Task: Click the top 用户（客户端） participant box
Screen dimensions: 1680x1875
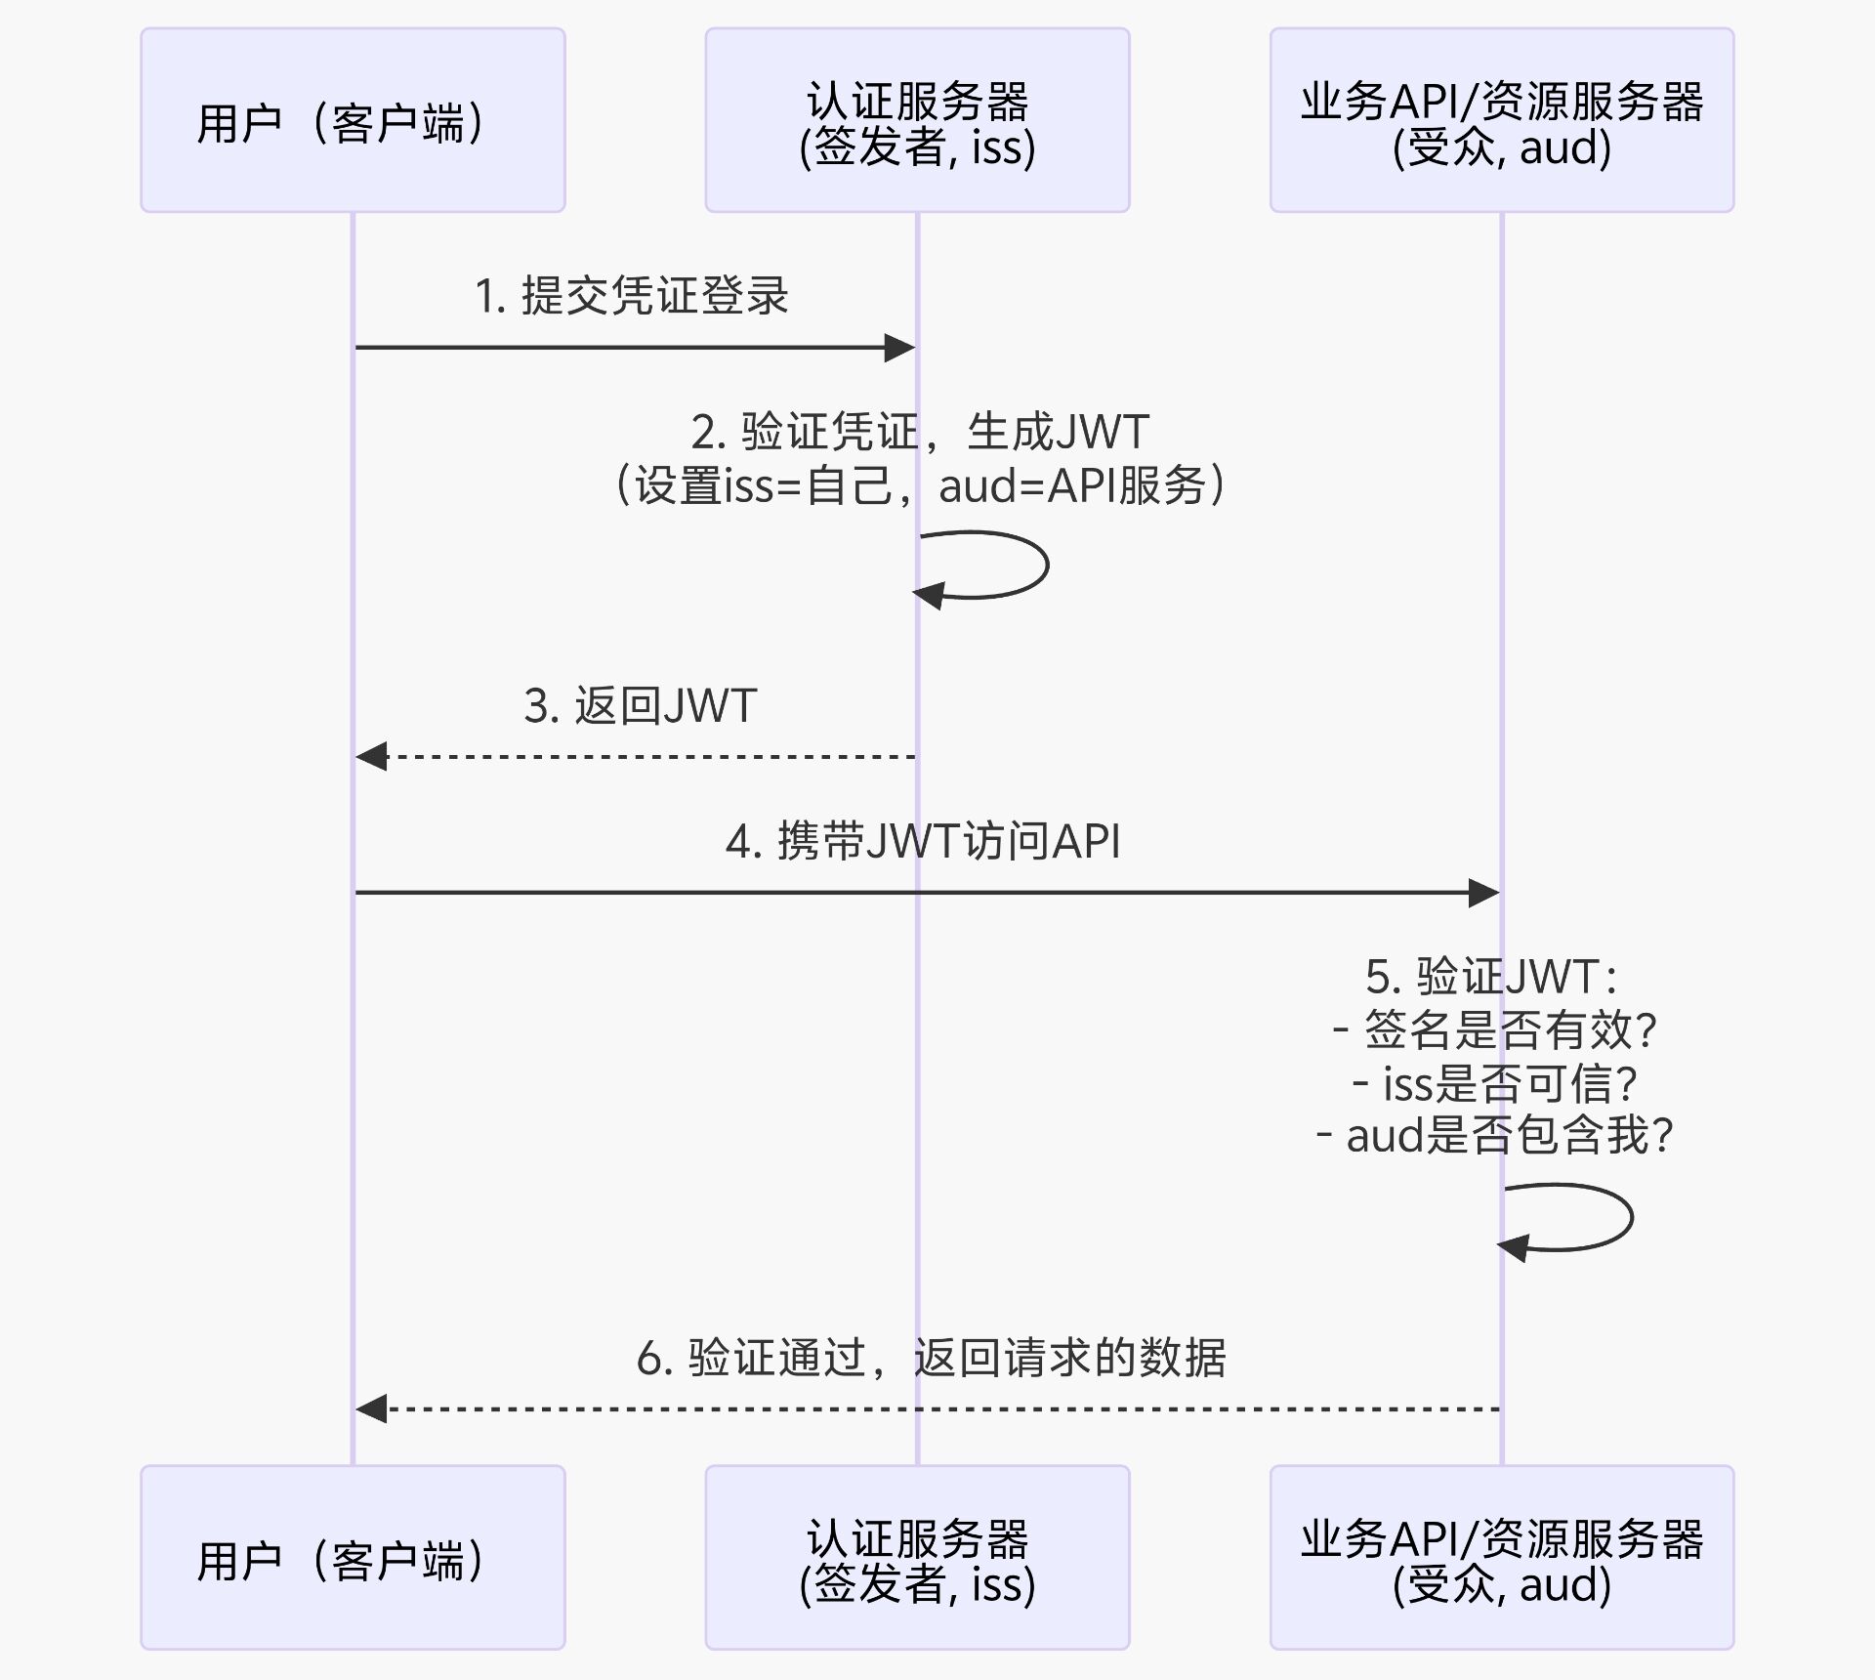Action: point(353,120)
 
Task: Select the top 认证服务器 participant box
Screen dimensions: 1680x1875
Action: point(917,120)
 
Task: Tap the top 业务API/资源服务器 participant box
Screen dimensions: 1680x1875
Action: point(1501,120)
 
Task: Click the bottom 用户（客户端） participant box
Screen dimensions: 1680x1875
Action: point(353,1557)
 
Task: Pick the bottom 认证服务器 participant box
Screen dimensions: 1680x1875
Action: point(917,1557)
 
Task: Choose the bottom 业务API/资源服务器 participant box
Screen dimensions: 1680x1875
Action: point(1501,1557)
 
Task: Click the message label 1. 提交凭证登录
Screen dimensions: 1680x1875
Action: point(631,296)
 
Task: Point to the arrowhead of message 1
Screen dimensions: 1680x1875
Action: point(899,348)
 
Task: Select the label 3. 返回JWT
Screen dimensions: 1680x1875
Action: point(641,706)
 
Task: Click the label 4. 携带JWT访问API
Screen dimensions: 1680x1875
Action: point(923,841)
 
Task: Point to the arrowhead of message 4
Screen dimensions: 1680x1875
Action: point(1484,893)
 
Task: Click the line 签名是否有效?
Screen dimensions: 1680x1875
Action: point(1494,1029)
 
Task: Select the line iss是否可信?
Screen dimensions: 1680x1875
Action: point(1494,1083)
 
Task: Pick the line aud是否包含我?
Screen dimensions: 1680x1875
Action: point(1494,1136)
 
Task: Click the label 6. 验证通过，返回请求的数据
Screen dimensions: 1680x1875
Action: point(931,1358)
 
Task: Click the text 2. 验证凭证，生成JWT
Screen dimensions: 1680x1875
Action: point(919,432)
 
